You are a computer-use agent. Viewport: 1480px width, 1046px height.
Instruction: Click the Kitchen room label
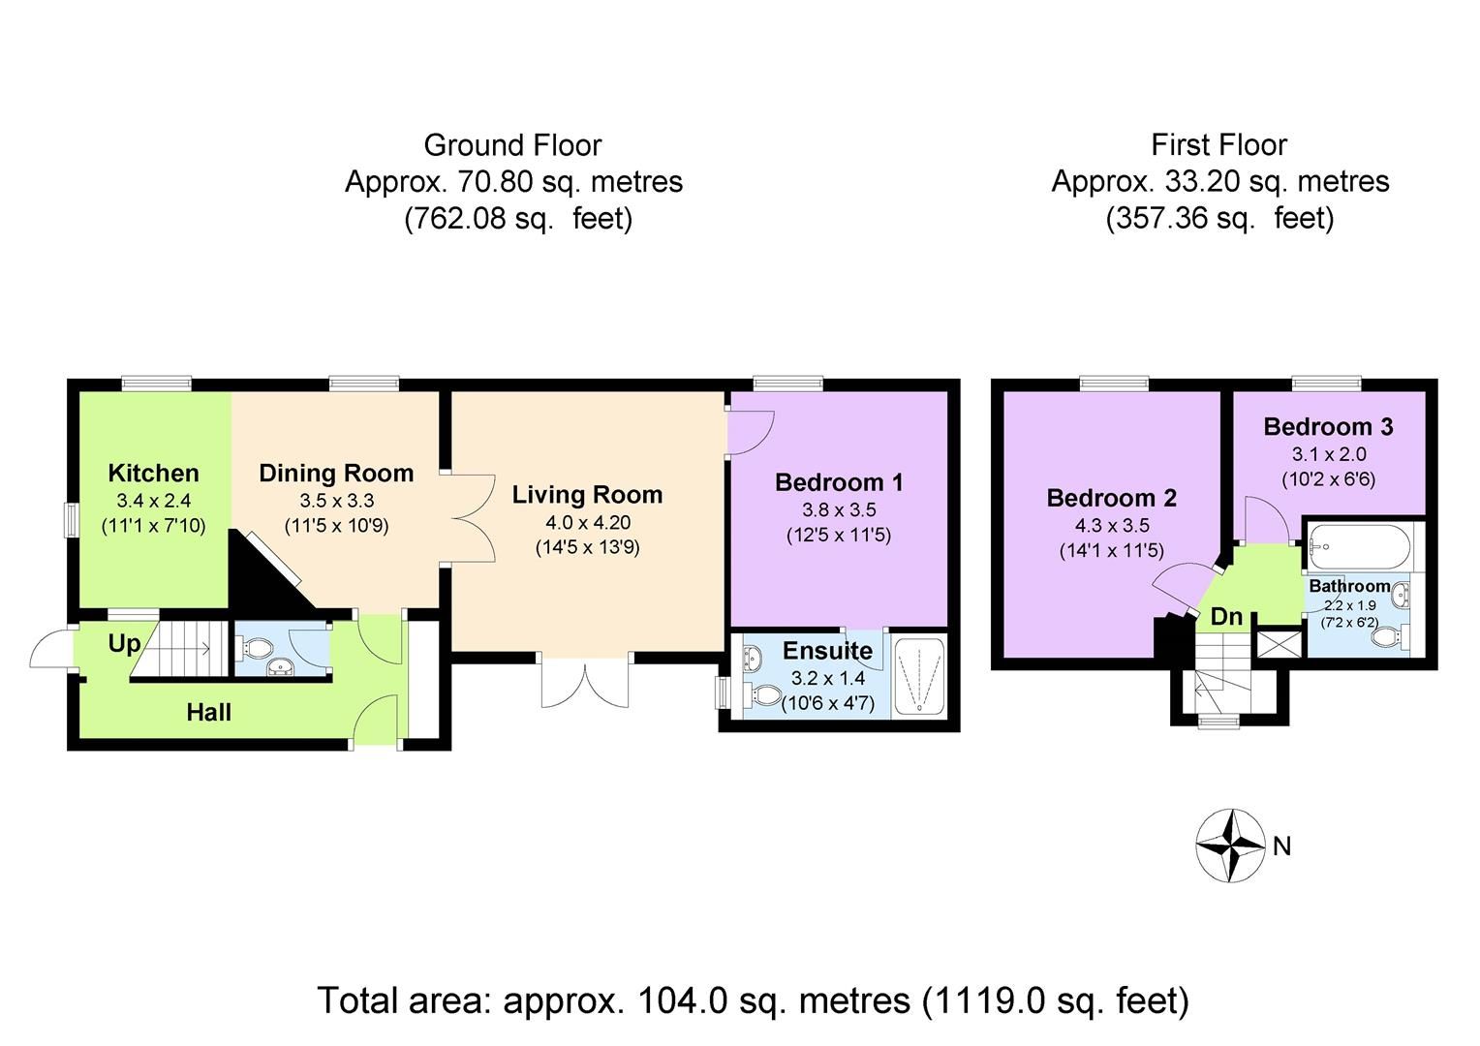point(153,474)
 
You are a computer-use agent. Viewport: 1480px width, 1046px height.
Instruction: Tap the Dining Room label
point(336,474)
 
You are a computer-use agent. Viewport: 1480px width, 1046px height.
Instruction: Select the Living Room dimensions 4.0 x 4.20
point(587,522)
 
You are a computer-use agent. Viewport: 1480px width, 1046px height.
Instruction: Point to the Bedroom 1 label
point(839,482)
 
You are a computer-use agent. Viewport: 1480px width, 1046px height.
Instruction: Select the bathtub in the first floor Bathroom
point(1354,549)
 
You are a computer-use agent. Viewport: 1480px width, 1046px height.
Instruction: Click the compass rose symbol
point(1230,845)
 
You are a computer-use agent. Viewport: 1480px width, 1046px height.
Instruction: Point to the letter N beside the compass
point(1282,847)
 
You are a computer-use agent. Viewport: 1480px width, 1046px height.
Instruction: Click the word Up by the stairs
point(124,644)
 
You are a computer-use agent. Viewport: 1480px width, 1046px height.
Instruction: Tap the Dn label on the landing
point(1226,617)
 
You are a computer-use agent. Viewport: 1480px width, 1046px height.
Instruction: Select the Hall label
point(208,713)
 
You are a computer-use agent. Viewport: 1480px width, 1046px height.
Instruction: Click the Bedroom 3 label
point(1328,427)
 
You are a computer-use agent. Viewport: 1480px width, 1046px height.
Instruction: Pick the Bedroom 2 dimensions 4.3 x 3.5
point(1111,526)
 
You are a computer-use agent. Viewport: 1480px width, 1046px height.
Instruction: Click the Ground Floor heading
point(512,145)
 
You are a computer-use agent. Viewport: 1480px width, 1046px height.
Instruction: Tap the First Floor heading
point(1218,145)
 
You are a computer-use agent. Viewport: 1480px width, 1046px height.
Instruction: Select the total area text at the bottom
point(753,1000)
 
